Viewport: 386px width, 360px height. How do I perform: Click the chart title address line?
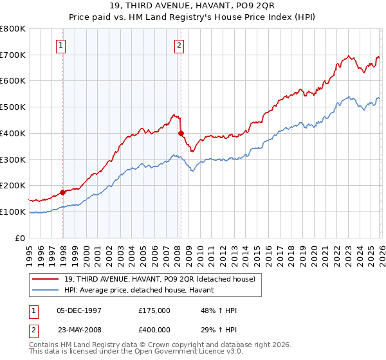192,6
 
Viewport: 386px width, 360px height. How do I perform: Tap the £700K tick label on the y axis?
12,55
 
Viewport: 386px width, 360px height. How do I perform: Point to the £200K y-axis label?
12,185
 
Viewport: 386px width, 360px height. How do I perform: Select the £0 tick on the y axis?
20,238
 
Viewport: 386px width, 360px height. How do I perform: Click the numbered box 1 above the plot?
60,45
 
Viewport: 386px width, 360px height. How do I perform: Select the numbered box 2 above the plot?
178,45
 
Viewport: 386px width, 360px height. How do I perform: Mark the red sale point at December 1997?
62,192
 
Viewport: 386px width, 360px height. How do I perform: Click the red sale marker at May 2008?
181,133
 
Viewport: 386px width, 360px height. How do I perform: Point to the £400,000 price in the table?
154,329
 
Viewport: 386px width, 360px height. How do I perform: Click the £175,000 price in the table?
154,310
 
